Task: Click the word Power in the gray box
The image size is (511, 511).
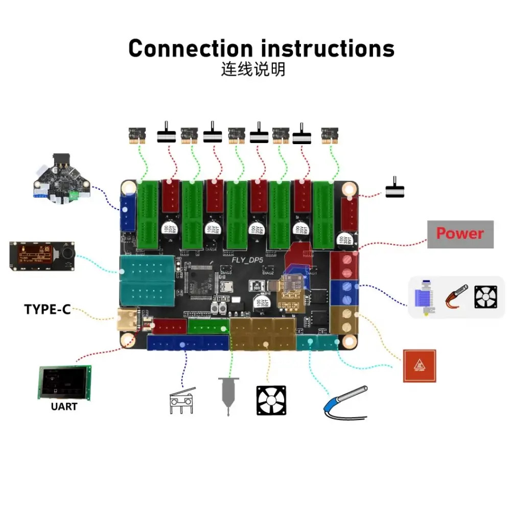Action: [460, 234]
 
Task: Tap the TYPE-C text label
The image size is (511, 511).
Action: [47, 309]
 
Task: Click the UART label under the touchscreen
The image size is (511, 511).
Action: [64, 407]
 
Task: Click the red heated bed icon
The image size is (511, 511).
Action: [420, 365]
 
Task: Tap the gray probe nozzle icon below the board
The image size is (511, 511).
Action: [228, 397]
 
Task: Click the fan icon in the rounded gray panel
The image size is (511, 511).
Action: [485, 296]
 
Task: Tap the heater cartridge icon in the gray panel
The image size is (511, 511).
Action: [456, 296]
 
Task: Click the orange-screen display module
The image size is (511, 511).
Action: [43, 255]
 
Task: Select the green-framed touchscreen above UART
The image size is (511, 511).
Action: [64, 383]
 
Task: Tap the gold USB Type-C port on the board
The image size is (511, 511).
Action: [126, 318]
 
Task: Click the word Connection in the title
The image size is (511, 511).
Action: [190, 49]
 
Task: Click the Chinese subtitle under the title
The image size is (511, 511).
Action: [253, 69]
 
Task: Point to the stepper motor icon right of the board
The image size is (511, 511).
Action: [394, 188]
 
